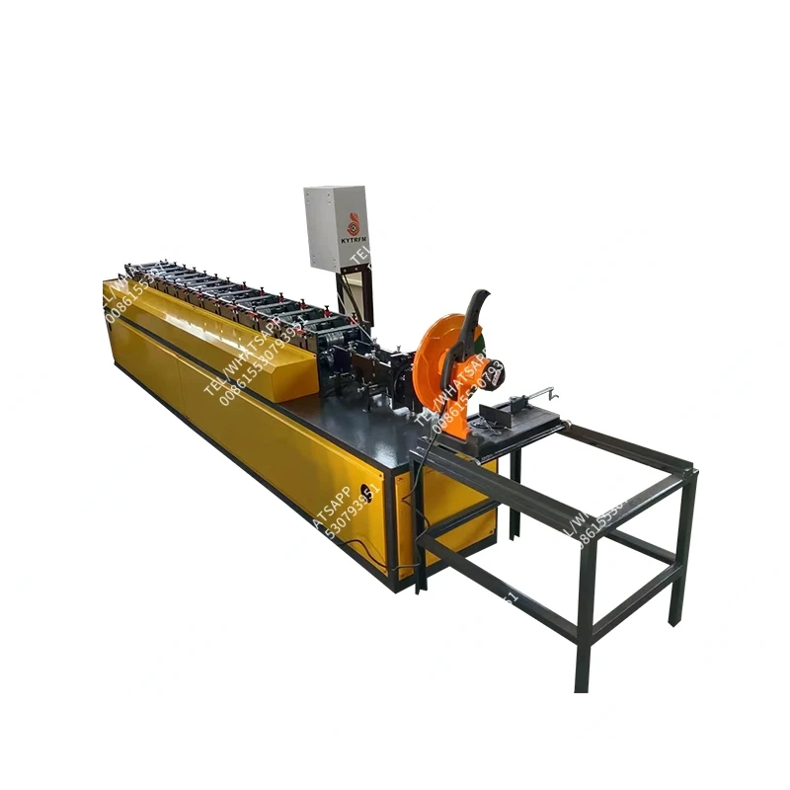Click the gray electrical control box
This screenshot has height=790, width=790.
tap(336, 227)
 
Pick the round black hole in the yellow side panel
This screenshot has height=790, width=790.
tap(371, 491)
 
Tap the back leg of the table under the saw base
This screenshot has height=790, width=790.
tap(514, 504)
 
